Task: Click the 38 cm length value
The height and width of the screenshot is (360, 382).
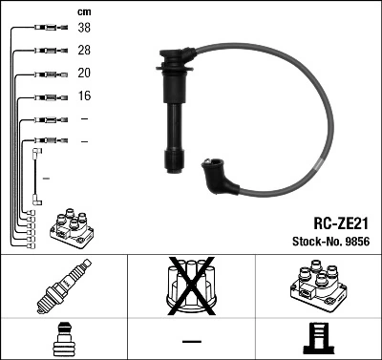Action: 85,29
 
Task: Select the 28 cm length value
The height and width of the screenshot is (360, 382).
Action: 85,50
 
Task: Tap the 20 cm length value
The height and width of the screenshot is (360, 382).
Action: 85,74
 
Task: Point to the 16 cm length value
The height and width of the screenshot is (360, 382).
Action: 85,96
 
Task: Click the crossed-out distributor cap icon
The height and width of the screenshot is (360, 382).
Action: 191,287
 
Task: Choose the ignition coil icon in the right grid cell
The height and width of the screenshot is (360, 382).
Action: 317,287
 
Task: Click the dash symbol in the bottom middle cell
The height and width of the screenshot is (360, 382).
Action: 191,340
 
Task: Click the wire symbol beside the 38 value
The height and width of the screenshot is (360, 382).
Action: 49,29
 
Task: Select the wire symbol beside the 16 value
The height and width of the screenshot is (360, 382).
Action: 49,96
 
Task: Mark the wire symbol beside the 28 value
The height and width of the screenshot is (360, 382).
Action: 49,50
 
